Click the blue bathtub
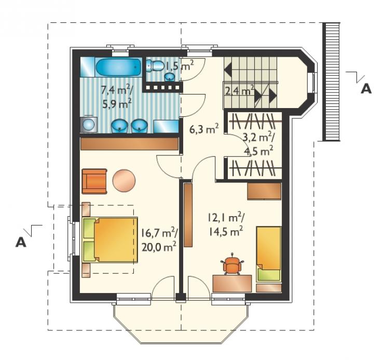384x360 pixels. (x=118, y=67)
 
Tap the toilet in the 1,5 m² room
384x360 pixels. (x=156, y=66)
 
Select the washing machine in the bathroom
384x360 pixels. (x=88, y=125)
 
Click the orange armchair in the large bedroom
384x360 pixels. (x=94, y=181)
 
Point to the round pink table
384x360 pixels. (x=124, y=180)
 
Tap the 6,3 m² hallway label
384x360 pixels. (x=204, y=129)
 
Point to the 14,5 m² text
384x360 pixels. (x=226, y=231)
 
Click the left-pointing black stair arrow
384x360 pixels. (x=228, y=70)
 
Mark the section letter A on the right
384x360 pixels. (x=366, y=88)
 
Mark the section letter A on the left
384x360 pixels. (x=21, y=242)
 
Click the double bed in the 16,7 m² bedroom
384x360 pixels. (x=110, y=240)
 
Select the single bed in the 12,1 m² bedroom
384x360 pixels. (x=268, y=254)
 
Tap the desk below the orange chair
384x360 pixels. (x=232, y=283)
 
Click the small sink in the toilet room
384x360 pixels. (x=169, y=77)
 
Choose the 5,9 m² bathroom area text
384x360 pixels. (x=117, y=104)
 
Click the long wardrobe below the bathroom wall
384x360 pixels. (x=129, y=144)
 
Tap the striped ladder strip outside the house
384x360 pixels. (x=332, y=82)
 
